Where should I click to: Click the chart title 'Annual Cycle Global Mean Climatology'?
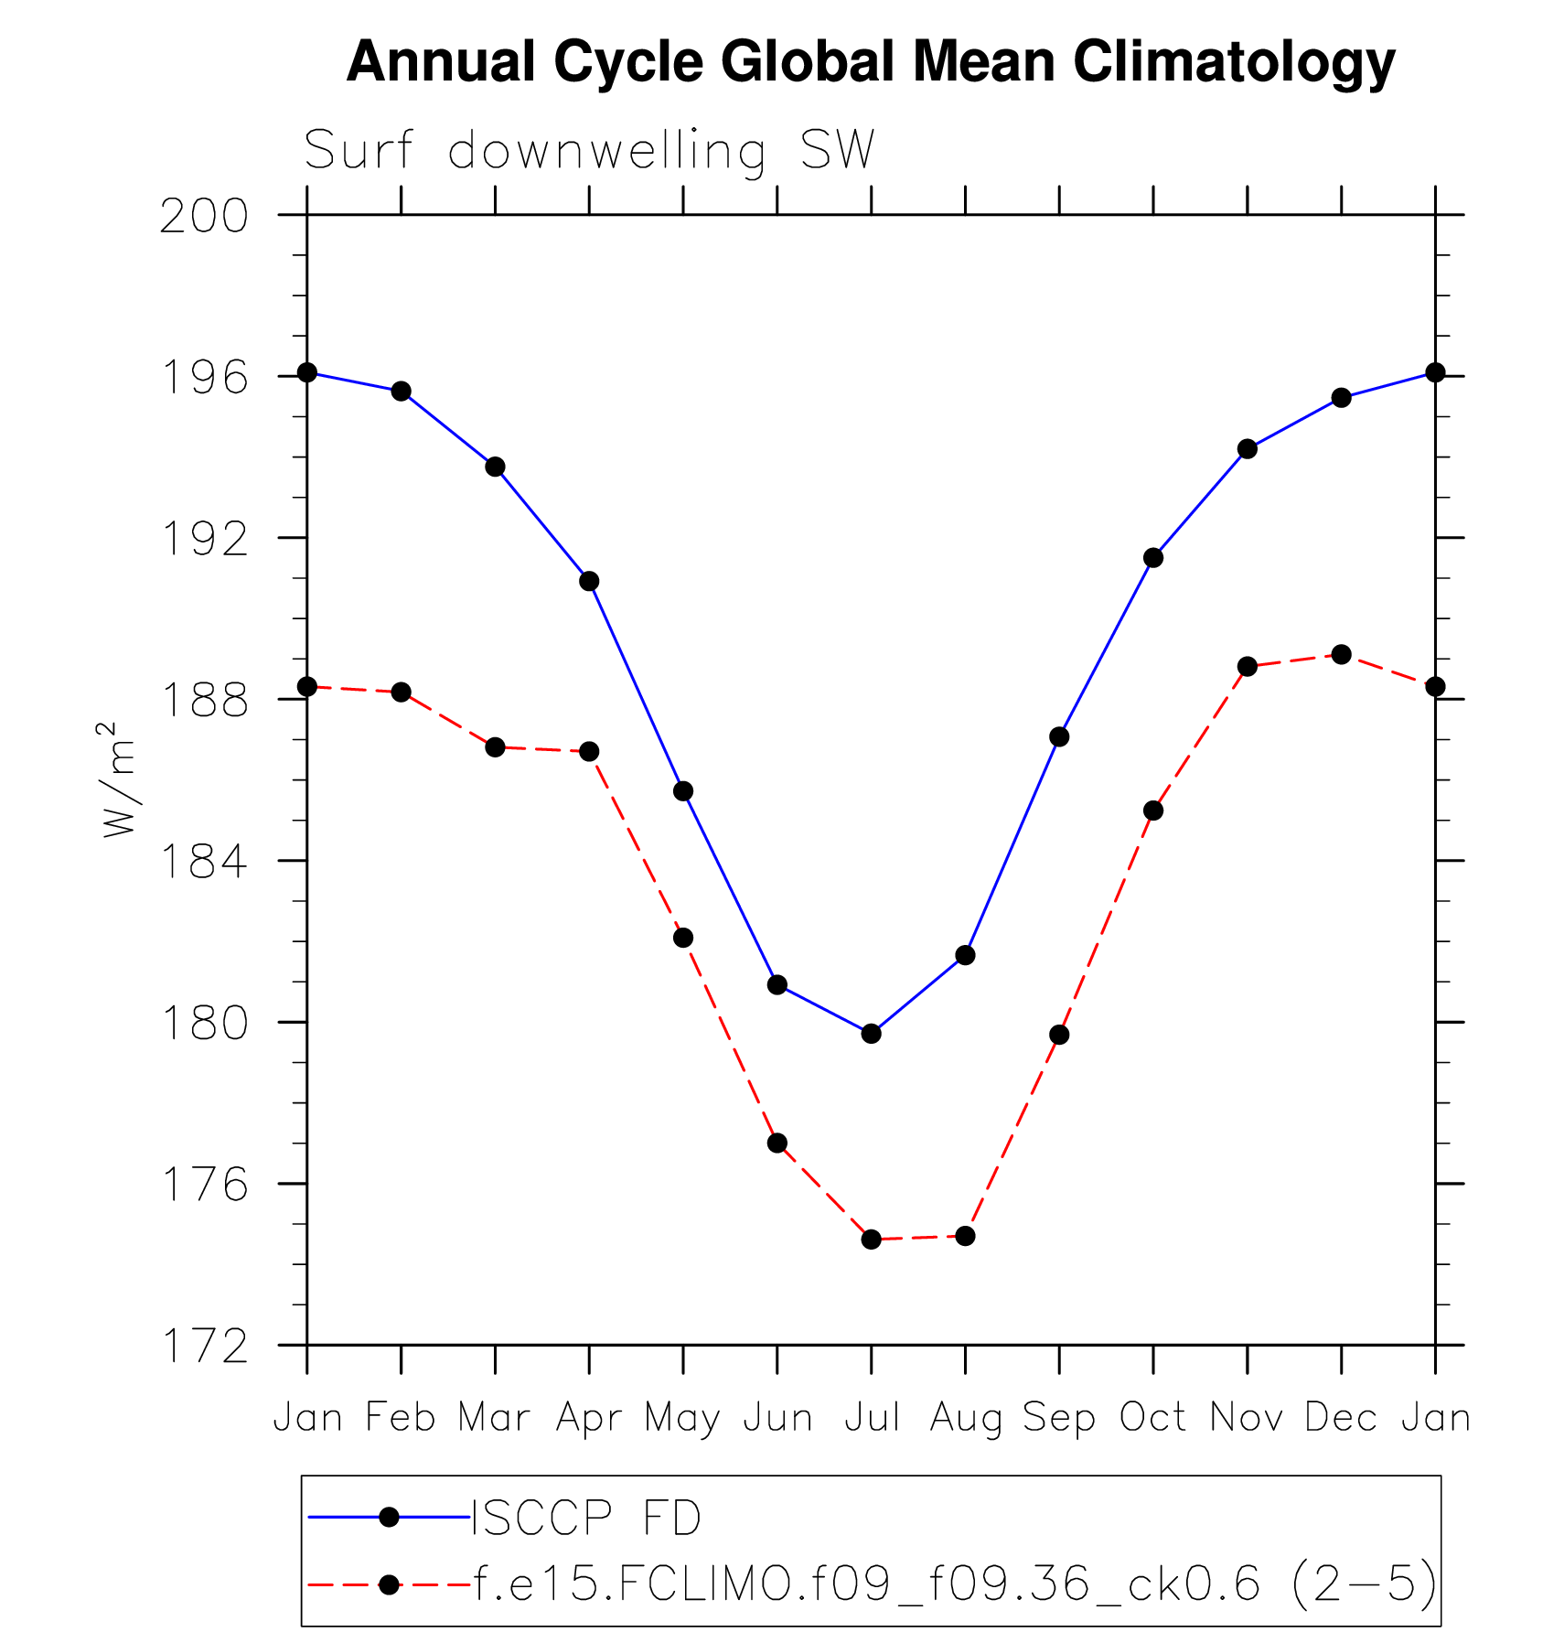[x=870, y=62]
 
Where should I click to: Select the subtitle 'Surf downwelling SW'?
[x=589, y=150]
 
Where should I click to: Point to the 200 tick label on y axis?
[x=205, y=217]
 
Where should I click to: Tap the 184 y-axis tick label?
[x=205, y=862]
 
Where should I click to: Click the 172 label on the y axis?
[x=205, y=1347]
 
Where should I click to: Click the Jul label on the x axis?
[x=872, y=1417]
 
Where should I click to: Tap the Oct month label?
[x=1153, y=1417]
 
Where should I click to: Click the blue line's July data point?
[x=871, y=1034]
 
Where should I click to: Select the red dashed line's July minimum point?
[x=871, y=1240]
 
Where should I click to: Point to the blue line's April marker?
[x=589, y=581]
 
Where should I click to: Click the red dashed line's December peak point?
[x=1341, y=654]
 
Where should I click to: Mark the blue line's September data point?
[x=1059, y=736]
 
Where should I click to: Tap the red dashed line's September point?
[x=1059, y=1035]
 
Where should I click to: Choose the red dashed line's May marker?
[x=683, y=938]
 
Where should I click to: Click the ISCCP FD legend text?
[x=586, y=1518]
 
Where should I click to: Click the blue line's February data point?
[x=401, y=392]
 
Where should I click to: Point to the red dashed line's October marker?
[x=1153, y=811]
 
